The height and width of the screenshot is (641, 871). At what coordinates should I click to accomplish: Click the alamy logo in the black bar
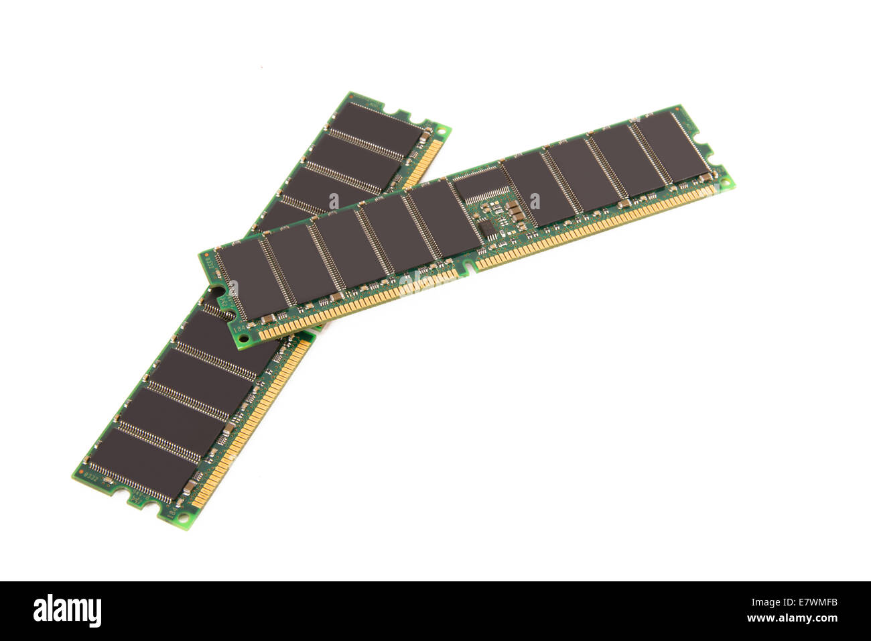67,611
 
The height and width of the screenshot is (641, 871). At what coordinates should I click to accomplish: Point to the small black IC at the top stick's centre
488,229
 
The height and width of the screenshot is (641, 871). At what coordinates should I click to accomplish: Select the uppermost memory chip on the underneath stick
376,127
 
